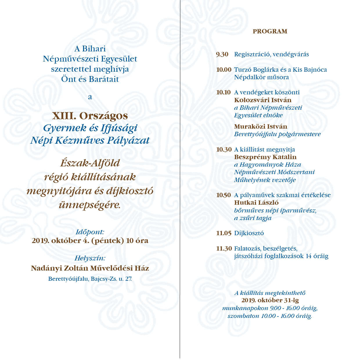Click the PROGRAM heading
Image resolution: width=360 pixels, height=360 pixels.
tap(270, 31)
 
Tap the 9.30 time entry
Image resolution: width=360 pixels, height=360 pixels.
tap(222, 54)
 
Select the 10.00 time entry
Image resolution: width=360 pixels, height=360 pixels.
tap(224, 70)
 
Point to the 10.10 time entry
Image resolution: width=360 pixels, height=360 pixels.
tap(223, 92)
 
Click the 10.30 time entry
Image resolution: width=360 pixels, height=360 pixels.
tap(224, 150)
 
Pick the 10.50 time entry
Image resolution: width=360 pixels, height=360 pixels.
tap(224, 195)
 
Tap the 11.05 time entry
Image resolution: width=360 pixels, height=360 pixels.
tap(224, 233)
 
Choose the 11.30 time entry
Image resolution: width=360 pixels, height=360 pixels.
tap(224, 249)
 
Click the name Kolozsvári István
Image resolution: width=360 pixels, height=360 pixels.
tap(262, 100)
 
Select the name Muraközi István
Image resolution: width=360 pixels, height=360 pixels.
tap(260, 127)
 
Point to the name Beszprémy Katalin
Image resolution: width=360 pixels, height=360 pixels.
tap(265, 157)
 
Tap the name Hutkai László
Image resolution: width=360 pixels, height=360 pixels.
tap(256, 203)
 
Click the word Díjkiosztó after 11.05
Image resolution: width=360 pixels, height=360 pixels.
tap(249, 233)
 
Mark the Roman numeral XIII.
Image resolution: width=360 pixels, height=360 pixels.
tap(64, 116)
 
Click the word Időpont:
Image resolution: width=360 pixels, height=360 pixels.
tap(90, 232)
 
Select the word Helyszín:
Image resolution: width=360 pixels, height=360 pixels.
tap(90, 258)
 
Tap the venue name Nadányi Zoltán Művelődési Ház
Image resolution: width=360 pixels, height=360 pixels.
tap(90, 268)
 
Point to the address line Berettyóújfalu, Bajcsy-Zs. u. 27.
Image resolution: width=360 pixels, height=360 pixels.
tap(90, 279)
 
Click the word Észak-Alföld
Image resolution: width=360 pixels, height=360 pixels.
tap(90, 163)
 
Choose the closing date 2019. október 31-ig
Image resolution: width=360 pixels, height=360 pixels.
tap(270, 300)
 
